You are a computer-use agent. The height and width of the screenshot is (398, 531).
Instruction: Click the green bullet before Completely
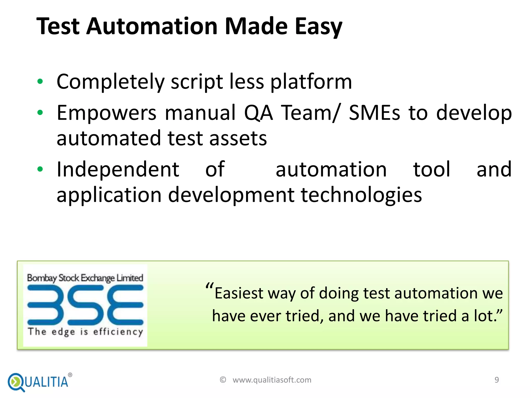pyautogui.click(x=40, y=82)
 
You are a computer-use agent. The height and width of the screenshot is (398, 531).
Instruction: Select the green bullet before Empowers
pyautogui.click(x=40, y=113)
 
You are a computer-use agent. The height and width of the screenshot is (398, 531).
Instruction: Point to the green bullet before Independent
pyautogui.click(x=40, y=169)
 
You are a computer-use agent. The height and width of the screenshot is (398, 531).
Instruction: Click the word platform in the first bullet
pyautogui.click(x=311, y=82)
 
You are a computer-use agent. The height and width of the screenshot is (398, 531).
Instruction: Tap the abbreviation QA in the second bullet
pyautogui.click(x=258, y=113)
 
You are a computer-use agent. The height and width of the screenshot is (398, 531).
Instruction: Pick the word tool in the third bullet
pyautogui.click(x=431, y=169)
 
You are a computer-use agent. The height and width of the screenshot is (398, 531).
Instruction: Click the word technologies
pyautogui.click(x=361, y=195)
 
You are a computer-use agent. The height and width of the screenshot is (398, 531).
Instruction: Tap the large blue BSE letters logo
pyautogui.click(x=85, y=305)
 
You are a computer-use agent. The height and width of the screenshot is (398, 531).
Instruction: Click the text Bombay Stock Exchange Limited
pyautogui.click(x=85, y=278)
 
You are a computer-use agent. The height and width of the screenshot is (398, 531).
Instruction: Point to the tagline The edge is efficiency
pyautogui.click(x=85, y=332)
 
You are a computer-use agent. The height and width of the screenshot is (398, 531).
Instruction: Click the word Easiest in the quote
pyautogui.click(x=239, y=294)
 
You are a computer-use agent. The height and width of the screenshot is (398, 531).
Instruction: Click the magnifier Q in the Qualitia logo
pyautogui.click(x=16, y=382)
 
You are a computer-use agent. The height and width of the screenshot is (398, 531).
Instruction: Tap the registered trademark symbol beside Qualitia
pyautogui.click(x=70, y=375)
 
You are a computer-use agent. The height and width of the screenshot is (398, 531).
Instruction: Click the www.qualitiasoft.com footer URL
pyautogui.click(x=272, y=380)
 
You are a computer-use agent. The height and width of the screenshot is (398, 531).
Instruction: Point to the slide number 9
pyautogui.click(x=497, y=380)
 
